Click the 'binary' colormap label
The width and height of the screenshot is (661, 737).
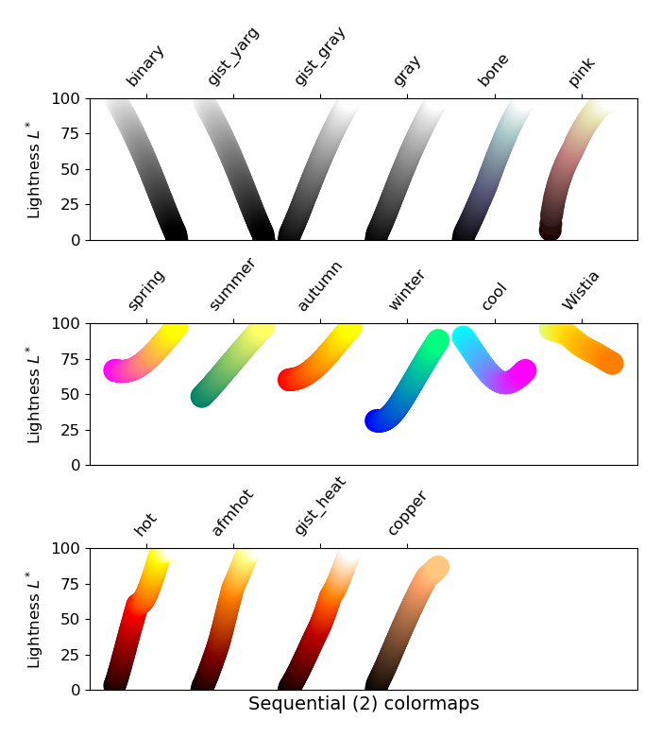pyautogui.click(x=145, y=66)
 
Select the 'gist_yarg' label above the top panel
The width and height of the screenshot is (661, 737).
pyautogui.click(x=233, y=57)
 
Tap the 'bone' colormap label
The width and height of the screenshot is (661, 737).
pyautogui.click(x=494, y=70)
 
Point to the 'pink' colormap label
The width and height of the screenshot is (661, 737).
pyautogui.click(x=582, y=72)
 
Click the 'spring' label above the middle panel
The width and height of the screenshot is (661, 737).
pyautogui.click(x=146, y=290)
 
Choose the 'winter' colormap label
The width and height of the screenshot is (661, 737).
pyautogui.click(x=407, y=290)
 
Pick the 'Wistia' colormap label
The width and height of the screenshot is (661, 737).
pyautogui.click(x=582, y=290)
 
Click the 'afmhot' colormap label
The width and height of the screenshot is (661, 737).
pyautogui.click(x=232, y=513)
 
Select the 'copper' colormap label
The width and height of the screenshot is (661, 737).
pyautogui.click(x=407, y=513)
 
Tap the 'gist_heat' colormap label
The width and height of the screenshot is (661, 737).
pyautogui.click(x=320, y=506)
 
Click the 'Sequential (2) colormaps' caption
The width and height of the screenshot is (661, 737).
pyautogui.click(x=364, y=705)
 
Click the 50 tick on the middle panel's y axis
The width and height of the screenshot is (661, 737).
pyautogui.click(x=70, y=394)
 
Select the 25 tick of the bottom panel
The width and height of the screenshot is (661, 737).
pyautogui.click(x=70, y=655)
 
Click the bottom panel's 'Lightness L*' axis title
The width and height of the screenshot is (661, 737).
pyautogui.click(x=35, y=619)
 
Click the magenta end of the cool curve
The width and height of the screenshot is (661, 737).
pyautogui.click(x=521, y=371)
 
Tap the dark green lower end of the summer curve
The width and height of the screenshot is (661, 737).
pyautogui.click(x=203, y=396)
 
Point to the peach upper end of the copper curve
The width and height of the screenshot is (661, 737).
pyautogui.click(x=435, y=568)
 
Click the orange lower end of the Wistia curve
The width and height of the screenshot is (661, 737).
pyautogui.click(x=612, y=363)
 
